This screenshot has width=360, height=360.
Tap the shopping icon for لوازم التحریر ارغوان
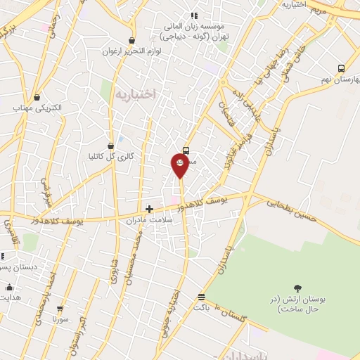tap(131, 40)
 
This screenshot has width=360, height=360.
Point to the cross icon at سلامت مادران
tap(149, 208)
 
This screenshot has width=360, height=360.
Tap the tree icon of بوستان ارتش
tap(297, 288)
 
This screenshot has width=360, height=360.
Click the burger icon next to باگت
tap(202, 297)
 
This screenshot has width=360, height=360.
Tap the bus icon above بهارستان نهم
tap(341, 68)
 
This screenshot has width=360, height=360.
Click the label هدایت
tap(10, 297)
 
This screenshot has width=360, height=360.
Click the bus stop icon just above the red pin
tap(186, 150)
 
